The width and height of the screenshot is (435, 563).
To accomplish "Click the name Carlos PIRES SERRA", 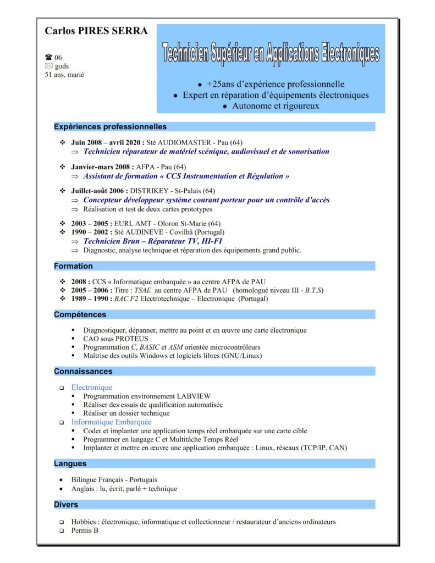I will (x=96, y=31).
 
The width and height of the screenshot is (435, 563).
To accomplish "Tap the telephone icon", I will (x=48, y=57).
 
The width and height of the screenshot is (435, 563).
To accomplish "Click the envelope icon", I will (x=48, y=66).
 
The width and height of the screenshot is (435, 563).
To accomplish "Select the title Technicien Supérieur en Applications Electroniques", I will (x=271, y=53).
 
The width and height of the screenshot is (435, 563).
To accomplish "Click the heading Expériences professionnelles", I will (x=110, y=127).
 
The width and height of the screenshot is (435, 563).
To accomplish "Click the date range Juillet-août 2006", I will (x=99, y=191).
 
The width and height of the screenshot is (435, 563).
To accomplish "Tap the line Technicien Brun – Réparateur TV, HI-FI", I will (x=153, y=241).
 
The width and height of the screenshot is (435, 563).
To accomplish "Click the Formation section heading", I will (x=73, y=266).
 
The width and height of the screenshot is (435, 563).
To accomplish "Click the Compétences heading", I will (x=80, y=315).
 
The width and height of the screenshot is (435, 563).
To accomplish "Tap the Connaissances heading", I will (x=83, y=372).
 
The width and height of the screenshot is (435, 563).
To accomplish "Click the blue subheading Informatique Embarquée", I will (x=111, y=422).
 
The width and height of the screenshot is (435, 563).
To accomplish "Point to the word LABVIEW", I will (x=194, y=396).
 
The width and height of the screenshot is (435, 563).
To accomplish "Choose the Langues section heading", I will (x=70, y=464).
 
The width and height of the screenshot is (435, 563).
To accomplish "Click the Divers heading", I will (x=66, y=505).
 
